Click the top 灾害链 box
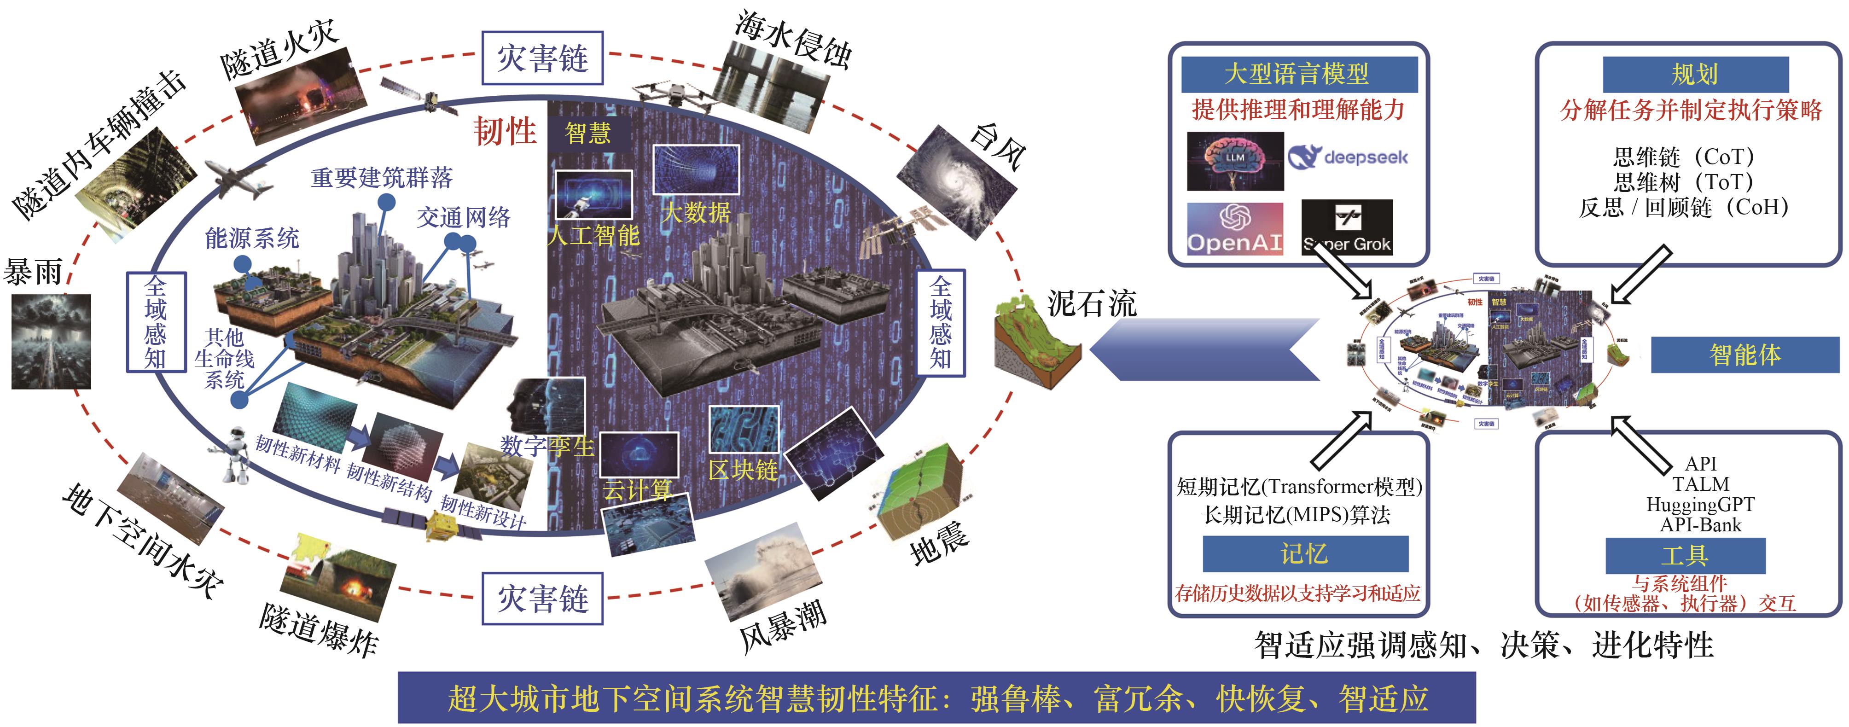click(x=542, y=58)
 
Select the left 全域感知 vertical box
click(x=156, y=322)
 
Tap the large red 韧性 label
click(x=505, y=131)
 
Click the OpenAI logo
click(x=1234, y=229)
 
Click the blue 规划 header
click(x=1695, y=74)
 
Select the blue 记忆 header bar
click(x=1305, y=553)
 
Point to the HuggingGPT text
click(x=1700, y=505)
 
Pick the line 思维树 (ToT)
click(x=1683, y=181)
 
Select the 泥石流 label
click(x=1091, y=303)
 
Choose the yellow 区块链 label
click(x=743, y=470)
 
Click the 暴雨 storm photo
click(x=51, y=341)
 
